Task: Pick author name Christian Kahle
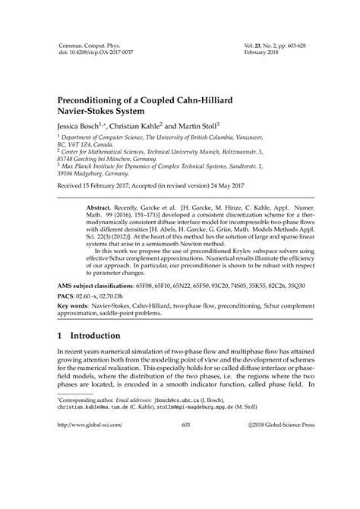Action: [152, 129]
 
